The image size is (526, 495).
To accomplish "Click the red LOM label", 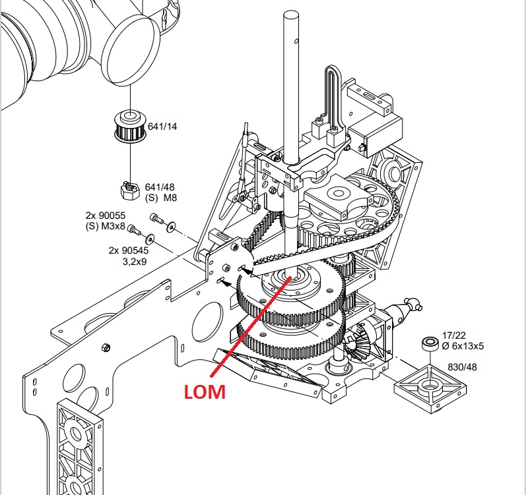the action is tap(205, 392).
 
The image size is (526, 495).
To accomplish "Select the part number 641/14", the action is tap(162, 127).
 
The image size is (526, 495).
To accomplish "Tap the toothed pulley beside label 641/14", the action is tap(130, 127).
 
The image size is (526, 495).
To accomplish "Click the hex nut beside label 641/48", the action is tap(129, 190).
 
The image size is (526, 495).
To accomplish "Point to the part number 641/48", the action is tap(160, 187).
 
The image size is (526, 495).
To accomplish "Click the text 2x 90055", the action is tap(106, 215).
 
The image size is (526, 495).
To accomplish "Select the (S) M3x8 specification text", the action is tap(106, 226).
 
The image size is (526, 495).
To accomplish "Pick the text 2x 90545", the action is tap(129, 250).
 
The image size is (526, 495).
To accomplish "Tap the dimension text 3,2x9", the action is tap(135, 261).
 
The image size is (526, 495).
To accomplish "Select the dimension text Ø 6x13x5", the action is tap(463, 346).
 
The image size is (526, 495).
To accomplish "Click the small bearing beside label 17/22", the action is tap(430, 344).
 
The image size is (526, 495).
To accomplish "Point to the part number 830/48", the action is tap(462, 367).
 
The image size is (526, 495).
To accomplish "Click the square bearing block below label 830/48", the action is tap(430, 388).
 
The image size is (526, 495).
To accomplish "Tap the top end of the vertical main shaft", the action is tap(291, 14).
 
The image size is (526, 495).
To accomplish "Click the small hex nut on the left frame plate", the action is tap(106, 347).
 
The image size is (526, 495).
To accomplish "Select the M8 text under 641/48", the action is tap(170, 198).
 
